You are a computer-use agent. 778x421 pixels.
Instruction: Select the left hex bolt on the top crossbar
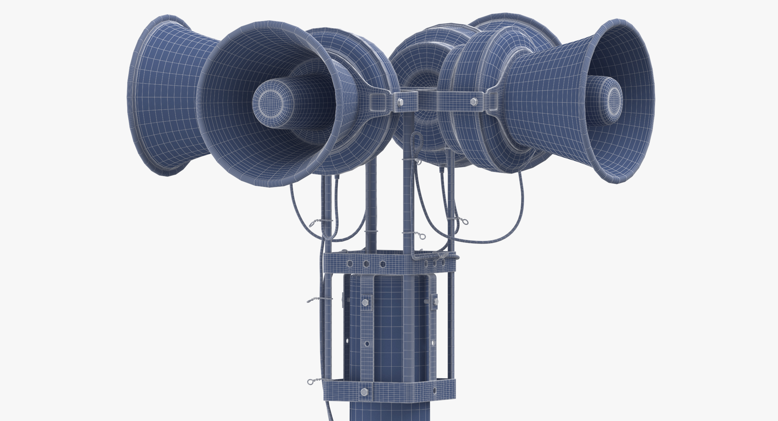click(x=401, y=102)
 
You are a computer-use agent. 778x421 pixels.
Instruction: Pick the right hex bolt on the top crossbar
click(x=474, y=101)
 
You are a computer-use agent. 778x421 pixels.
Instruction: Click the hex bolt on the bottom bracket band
click(x=364, y=391)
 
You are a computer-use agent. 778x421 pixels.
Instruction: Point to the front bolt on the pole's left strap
click(x=365, y=302)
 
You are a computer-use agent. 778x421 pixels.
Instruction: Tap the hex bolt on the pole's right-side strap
click(x=436, y=302)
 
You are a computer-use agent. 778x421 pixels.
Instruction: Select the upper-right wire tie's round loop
click(x=465, y=222)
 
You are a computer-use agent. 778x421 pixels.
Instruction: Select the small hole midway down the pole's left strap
click(x=367, y=344)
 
